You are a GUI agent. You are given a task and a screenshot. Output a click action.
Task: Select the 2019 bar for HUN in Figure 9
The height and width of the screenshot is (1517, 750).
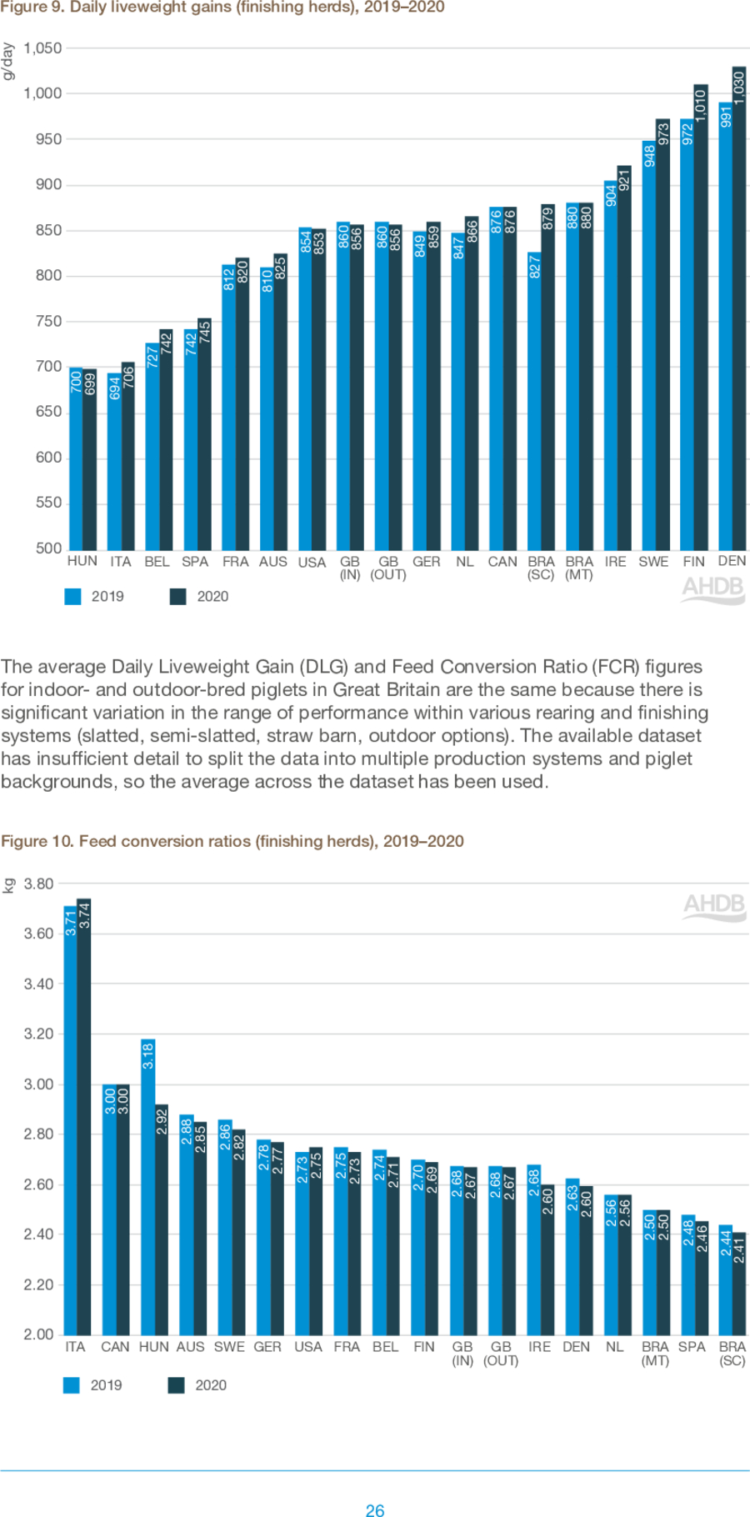[x=76, y=458]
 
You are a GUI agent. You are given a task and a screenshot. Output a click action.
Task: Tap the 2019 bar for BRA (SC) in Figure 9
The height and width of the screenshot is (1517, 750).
[x=534, y=400]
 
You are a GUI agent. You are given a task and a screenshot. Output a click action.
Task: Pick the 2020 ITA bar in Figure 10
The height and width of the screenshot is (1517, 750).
[x=83, y=1117]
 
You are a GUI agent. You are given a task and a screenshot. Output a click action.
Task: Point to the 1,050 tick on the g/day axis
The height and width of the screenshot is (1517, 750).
[x=42, y=48]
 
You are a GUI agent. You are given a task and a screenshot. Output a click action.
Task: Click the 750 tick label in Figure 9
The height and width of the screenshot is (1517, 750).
[x=48, y=321]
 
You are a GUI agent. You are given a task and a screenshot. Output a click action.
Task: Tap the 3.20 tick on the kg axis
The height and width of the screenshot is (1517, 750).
[x=38, y=1034]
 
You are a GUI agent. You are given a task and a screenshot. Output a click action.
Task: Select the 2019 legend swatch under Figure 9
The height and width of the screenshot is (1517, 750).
[x=73, y=596]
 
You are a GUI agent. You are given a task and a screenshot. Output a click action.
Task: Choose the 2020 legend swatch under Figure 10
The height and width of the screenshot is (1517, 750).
[x=176, y=1384]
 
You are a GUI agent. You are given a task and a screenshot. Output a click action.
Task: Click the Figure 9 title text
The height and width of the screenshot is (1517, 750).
[x=222, y=8]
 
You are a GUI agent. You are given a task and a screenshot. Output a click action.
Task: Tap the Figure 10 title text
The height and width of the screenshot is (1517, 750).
[x=232, y=841]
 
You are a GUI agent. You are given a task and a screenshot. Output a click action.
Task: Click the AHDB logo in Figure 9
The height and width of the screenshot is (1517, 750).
[x=712, y=588]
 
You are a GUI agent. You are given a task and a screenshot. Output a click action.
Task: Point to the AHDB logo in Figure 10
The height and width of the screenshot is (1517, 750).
[x=714, y=906]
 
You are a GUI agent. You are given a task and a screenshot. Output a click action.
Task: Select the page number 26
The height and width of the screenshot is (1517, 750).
[x=375, y=1509]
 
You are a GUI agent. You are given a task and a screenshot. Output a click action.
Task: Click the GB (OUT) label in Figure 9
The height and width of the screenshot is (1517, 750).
[x=388, y=568]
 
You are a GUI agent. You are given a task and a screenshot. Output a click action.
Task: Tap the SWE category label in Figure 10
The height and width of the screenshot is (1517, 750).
[x=229, y=1346]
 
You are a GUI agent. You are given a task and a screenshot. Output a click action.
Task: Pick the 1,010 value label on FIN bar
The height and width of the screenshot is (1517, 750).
[x=701, y=105]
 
